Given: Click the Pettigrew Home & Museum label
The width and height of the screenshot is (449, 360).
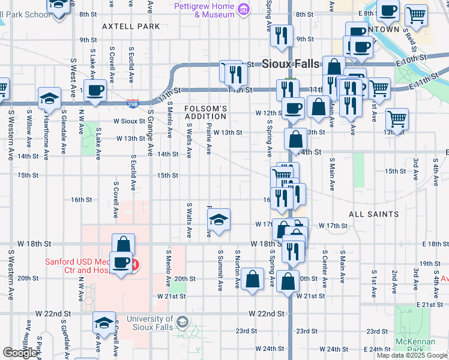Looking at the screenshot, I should coord(204,10).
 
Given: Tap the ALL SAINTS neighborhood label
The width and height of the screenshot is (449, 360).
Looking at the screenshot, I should coord(373,214).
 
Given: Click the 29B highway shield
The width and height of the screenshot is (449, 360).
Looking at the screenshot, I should coord(133,103).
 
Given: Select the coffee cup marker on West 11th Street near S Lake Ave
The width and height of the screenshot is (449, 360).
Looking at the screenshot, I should coord(95,91).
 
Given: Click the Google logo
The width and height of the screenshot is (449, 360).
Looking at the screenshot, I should coord(20,353).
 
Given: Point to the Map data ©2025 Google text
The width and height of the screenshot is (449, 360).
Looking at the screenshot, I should coord(412,355).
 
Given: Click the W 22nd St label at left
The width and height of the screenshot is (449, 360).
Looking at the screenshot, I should coord(53,313).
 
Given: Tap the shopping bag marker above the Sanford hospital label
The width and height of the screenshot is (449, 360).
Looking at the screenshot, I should coord(123,244).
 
